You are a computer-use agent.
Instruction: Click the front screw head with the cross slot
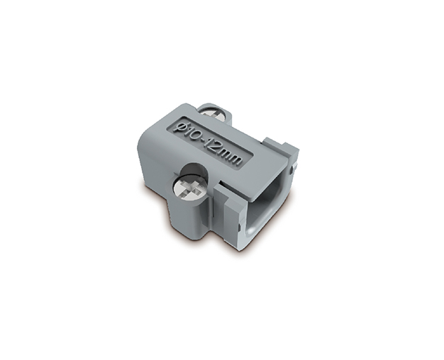pos(189,191)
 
